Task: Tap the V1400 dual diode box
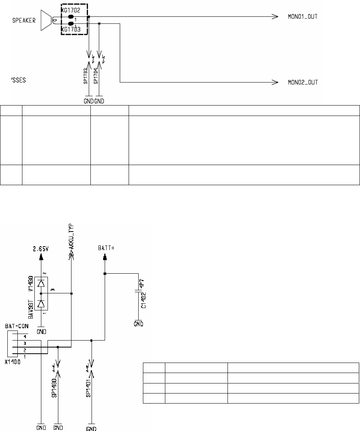tap(41, 293)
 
